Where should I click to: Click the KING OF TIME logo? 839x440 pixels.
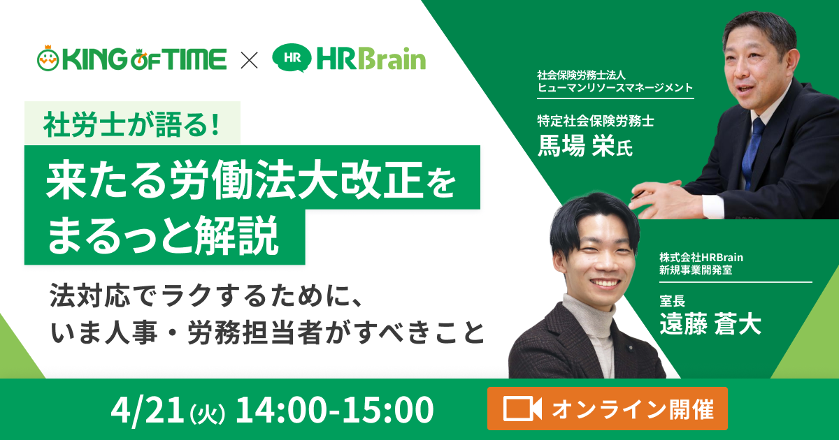coord(131,59)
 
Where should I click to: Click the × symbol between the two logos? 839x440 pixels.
coord(249,59)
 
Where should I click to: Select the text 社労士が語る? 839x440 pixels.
coord(131,124)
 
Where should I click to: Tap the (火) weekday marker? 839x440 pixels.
coord(208,412)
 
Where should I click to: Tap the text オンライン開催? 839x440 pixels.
coord(632,409)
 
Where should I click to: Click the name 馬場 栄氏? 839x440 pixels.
coord(584,146)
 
